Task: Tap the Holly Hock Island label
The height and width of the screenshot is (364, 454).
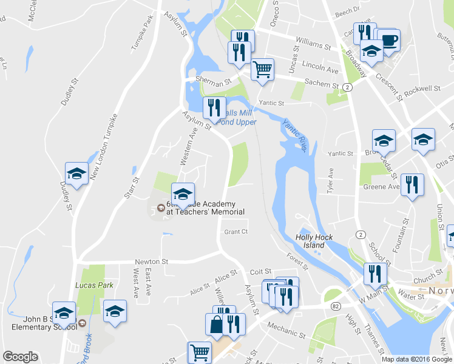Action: [x=311, y=241]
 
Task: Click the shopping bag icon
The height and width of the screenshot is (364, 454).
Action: [x=217, y=324]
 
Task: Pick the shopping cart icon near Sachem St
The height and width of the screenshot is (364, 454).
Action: [x=262, y=69]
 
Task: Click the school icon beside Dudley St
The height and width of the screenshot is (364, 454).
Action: [x=77, y=174]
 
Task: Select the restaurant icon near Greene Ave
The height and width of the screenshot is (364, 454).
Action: [x=412, y=184]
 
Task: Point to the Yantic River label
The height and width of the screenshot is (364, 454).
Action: [x=294, y=134]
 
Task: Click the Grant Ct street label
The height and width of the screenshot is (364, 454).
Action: [x=236, y=232]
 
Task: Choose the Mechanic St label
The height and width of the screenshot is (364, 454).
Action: [x=285, y=333]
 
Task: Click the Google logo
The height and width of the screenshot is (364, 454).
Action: [x=20, y=357]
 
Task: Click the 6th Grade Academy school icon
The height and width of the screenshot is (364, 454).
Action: [x=182, y=194]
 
